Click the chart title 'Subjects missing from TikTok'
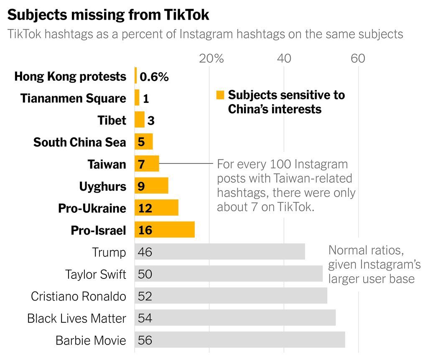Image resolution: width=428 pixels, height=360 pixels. coord(108,15)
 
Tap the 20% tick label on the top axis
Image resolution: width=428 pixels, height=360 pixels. coord(211,58)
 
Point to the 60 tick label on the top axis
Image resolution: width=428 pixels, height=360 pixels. coord(358,58)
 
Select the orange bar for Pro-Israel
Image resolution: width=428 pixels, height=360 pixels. coord(165,230)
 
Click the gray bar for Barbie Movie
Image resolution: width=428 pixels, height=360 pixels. coord(240,340)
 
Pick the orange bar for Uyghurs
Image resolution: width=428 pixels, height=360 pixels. coord(151,186)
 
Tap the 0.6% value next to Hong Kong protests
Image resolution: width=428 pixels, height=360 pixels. coord(154,77)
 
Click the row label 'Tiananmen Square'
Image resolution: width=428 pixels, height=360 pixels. coord(73,99)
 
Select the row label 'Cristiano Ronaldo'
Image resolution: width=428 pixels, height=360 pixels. coord(79,296)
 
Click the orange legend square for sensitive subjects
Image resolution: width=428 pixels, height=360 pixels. coord(220,95)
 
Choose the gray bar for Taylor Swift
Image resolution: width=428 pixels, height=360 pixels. coord(229,274)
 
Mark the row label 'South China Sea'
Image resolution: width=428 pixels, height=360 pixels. coord(79,142)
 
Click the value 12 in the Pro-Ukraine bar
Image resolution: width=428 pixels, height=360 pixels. coord(145,208)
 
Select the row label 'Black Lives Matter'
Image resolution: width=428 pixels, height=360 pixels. coord(76,318)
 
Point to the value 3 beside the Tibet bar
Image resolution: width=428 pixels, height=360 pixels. coord(151,121)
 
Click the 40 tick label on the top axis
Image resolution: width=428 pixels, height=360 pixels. coord(284,58)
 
